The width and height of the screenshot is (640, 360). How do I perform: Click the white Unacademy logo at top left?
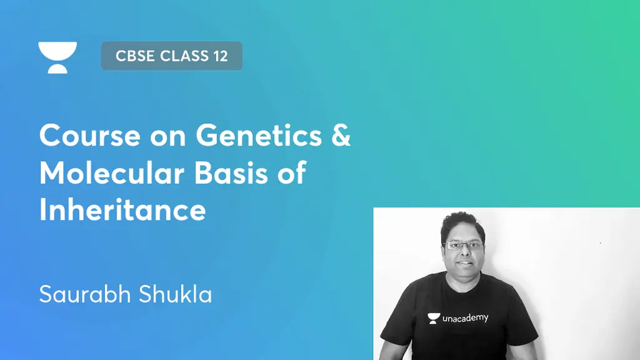[57, 57]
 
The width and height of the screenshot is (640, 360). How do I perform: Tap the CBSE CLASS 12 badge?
[171, 56]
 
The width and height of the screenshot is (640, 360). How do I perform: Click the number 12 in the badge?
[219, 56]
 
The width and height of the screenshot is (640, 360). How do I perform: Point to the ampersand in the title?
[341, 135]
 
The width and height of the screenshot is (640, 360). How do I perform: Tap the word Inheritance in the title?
[122, 210]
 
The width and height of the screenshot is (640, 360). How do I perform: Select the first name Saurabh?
[79, 294]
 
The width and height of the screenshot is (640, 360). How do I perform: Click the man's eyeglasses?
[463, 246]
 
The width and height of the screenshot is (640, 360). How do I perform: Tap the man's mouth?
[463, 263]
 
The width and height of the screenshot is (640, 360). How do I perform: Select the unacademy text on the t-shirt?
[465, 318]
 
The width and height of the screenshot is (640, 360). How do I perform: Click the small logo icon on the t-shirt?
[433, 318]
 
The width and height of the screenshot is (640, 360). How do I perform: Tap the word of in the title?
[292, 172]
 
